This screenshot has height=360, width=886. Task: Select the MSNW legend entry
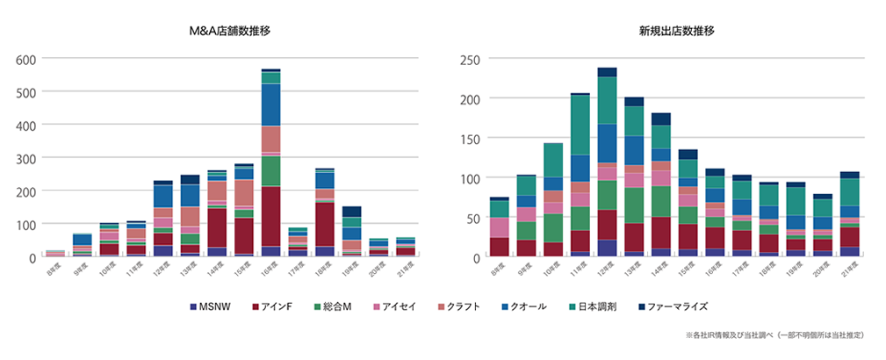click(x=212, y=306)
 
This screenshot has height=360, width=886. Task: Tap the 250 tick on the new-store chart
click(x=472, y=59)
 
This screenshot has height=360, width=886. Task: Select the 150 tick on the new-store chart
click(x=472, y=139)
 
